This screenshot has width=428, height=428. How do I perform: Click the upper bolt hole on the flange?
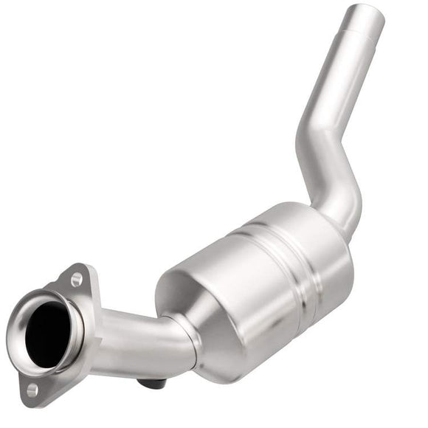tap(77, 280)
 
